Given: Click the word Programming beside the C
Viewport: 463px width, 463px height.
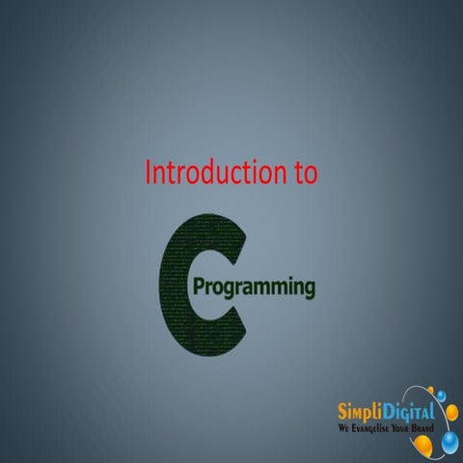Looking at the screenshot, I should [x=255, y=288].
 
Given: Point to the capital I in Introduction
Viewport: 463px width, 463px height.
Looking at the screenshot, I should [x=148, y=173].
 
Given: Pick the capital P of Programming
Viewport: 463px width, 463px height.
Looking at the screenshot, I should [x=201, y=286].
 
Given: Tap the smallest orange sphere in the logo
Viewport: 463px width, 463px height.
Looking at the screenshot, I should [x=431, y=390].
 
